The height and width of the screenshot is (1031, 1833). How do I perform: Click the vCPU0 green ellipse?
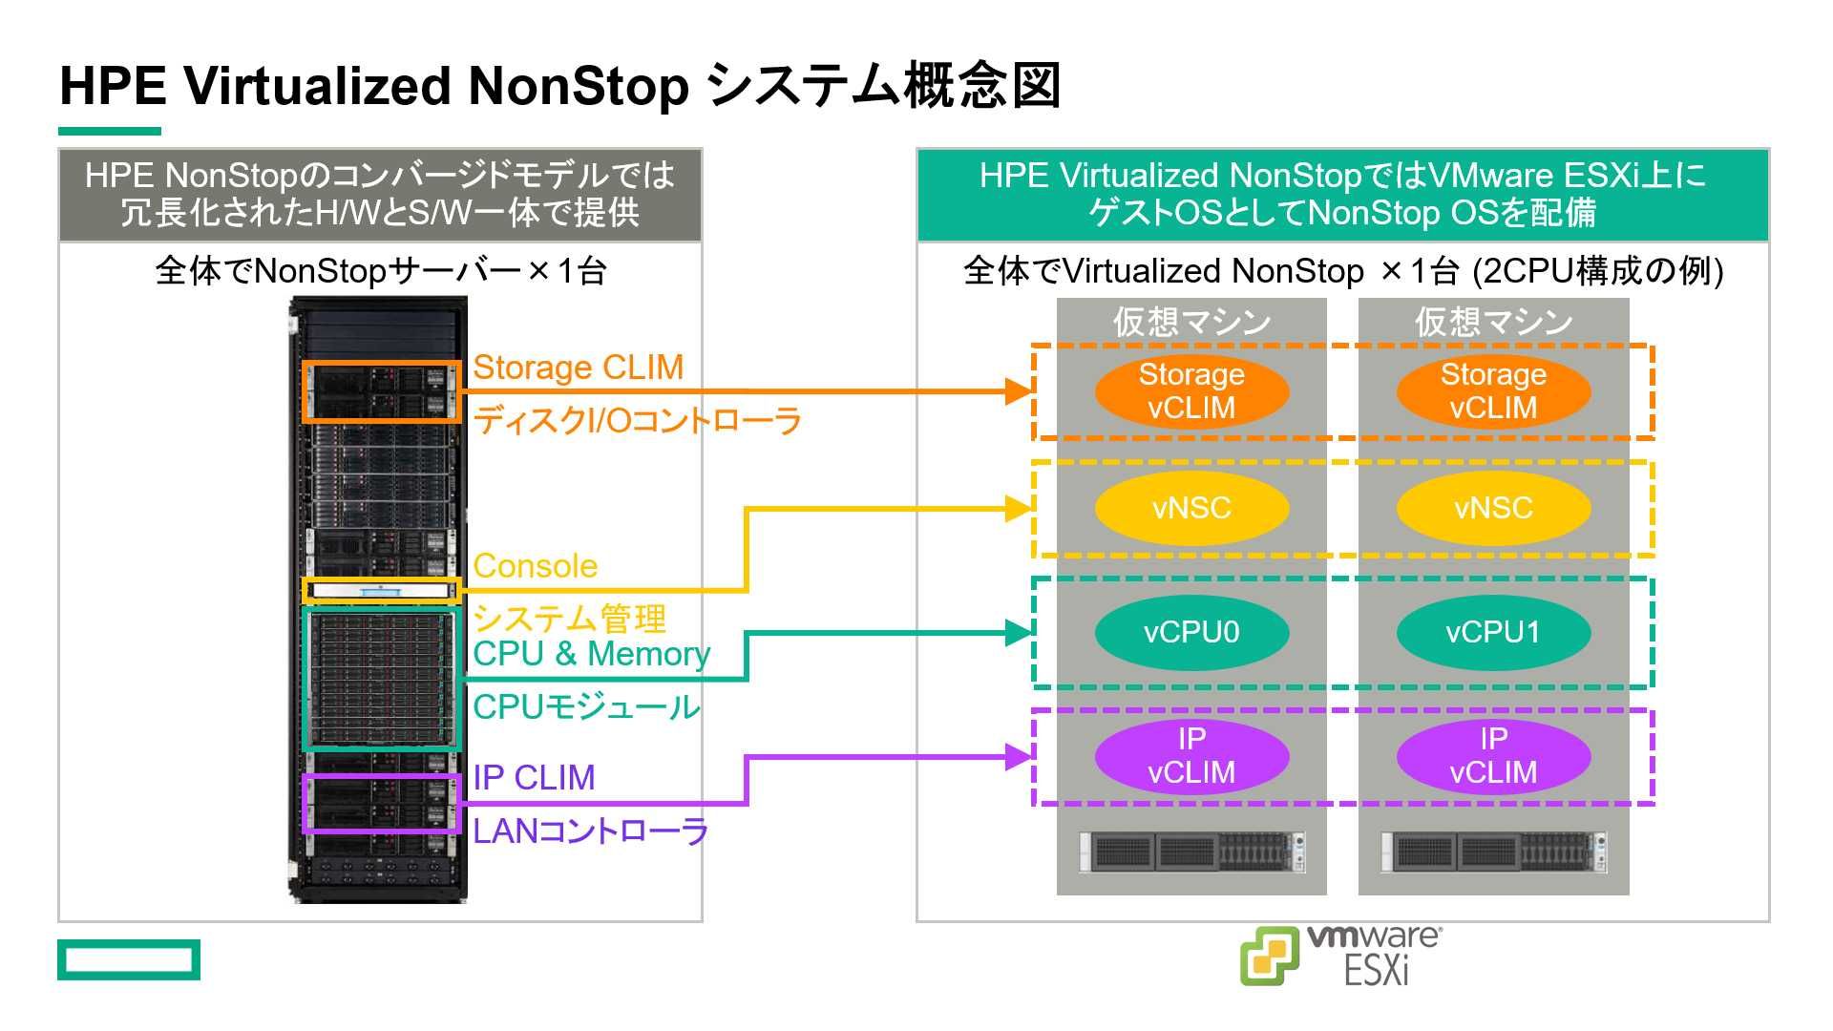coord(1191,632)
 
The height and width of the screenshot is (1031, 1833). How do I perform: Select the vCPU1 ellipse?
coord(1493,632)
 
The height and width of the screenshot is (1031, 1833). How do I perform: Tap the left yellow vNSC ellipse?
coord(1191,508)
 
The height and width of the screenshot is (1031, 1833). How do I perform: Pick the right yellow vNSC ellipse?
coord(1493,508)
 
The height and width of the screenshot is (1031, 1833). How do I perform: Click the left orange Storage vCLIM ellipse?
coord(1191,390)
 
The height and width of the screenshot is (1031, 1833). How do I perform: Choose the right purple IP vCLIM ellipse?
coord(1493,755)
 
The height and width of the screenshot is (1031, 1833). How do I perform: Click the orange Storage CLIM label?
coord(578,368)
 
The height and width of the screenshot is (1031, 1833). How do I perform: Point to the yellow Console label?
coord(535,566)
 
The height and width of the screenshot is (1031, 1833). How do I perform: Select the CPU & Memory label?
coord(591,654)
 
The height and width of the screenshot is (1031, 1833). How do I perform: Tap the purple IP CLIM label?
coord(534,778)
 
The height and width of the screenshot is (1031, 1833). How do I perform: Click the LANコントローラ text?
coord(590,831)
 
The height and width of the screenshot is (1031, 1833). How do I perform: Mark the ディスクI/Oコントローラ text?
coord(637,421)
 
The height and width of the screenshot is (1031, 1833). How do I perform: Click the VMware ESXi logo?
coord(1340,955)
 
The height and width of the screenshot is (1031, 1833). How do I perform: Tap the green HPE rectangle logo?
coord(129,959)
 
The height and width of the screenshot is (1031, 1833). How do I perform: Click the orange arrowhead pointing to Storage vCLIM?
coord(1020,390)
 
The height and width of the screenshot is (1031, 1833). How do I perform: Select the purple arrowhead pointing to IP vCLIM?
coord(1020,757)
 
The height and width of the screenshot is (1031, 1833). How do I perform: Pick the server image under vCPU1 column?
coord(1493,852)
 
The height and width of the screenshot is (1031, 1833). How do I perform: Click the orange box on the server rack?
coord(382,391)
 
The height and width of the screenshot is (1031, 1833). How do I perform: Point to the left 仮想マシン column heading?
coord(1191,322)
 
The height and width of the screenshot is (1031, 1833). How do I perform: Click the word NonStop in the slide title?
coord(578,86)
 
